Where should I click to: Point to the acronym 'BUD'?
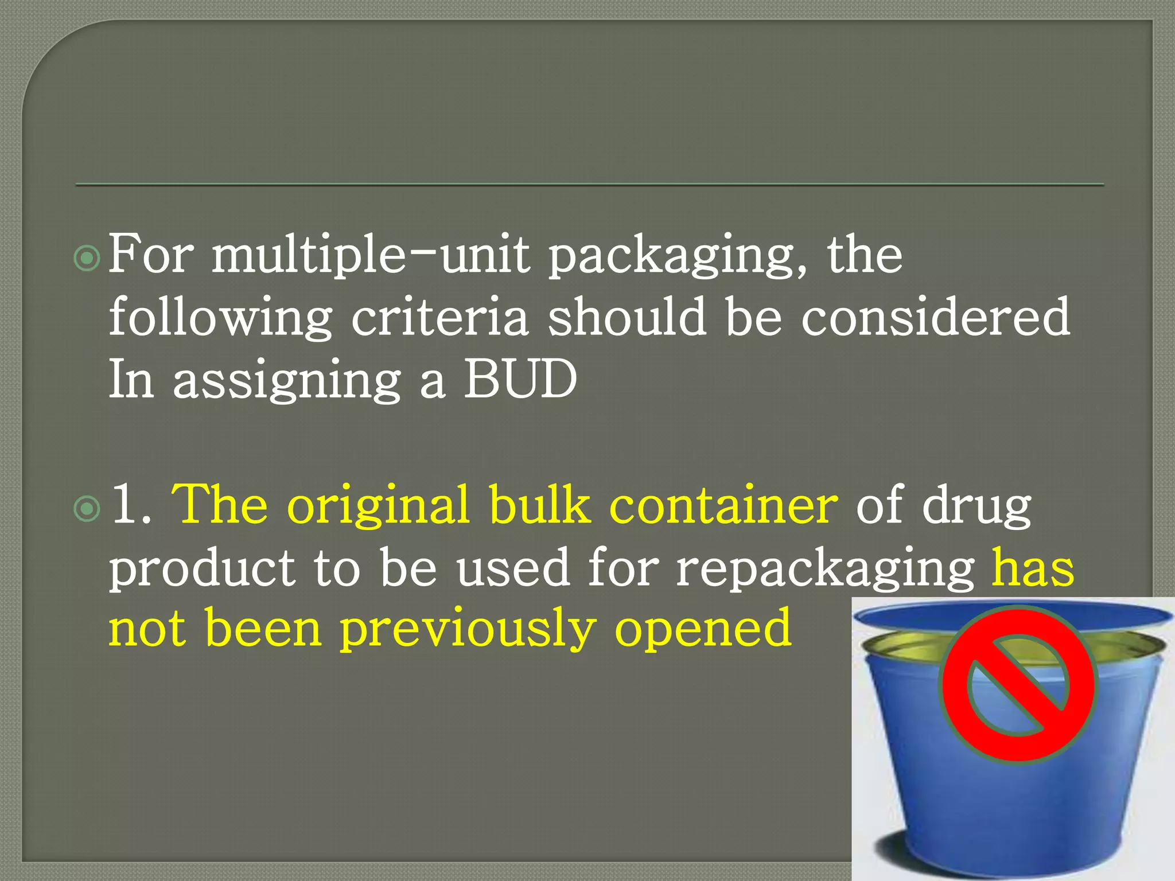coord(520,379)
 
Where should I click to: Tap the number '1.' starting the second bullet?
coord(131,505)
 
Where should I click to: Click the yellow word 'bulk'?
coord(540,505)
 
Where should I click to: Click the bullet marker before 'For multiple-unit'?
coord(87,259)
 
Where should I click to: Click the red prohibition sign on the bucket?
coord(1017,685)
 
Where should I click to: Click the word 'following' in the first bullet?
coord(221,318)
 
